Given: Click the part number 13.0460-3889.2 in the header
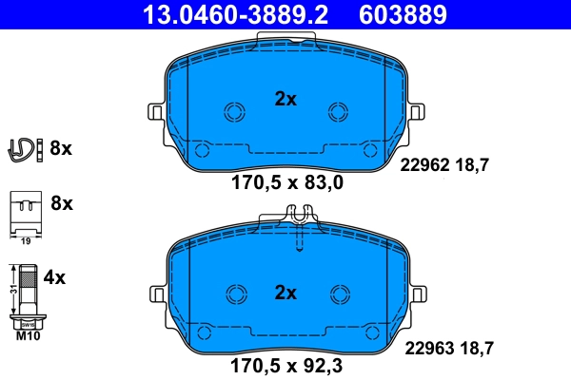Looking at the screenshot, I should click(221, 14).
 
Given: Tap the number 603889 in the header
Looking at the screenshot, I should click(402, 14).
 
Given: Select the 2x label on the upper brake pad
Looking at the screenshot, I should click(285, 98).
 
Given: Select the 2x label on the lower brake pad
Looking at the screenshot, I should click(285, 292).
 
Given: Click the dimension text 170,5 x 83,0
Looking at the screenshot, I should click(285, 183).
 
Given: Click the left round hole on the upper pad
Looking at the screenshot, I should click(233, 111).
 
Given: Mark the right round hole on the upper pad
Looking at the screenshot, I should click(339, 111).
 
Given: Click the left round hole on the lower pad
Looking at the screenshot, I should click(233, 294).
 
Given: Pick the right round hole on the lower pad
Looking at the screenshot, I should click(339, 294).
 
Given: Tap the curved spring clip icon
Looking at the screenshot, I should click(25, 148).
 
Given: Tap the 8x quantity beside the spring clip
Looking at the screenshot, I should click(61, 148).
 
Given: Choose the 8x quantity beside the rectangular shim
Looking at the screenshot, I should click(61, 203).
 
